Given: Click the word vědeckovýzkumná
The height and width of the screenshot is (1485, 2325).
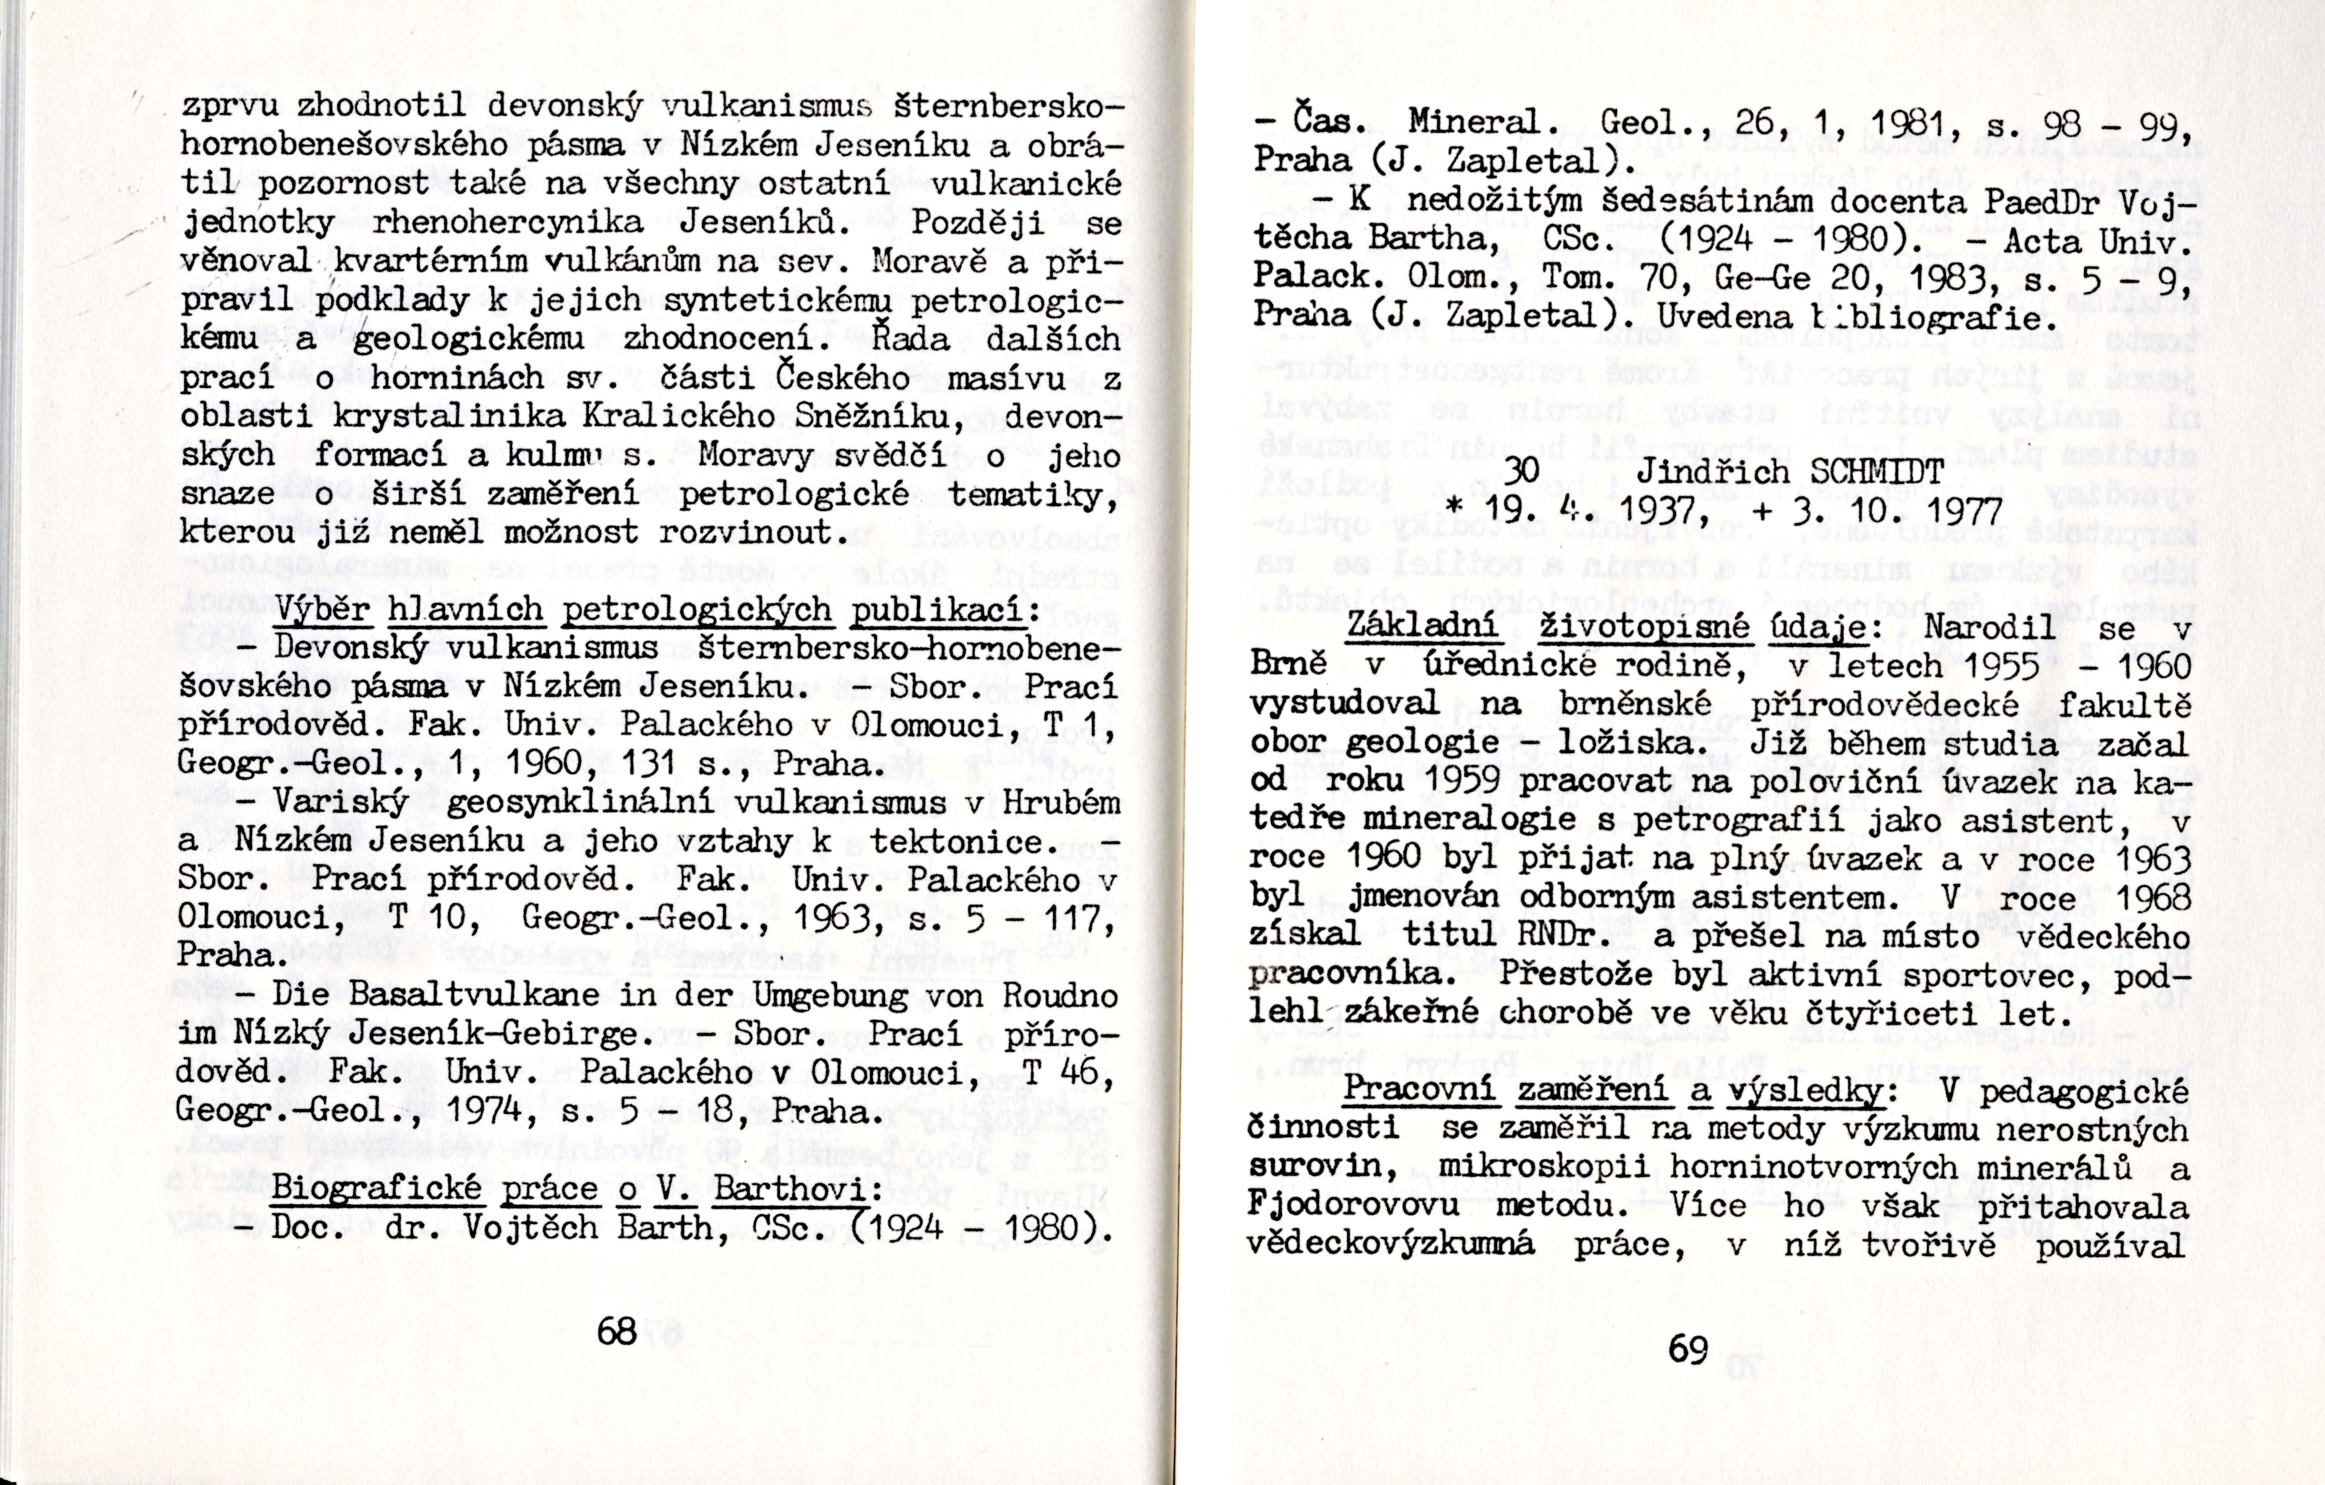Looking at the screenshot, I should [1390, 1245].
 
